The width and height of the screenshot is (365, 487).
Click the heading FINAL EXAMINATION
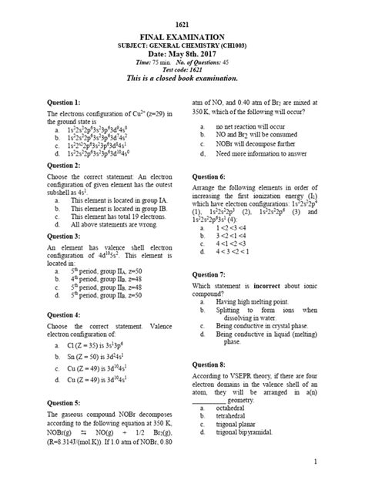(x=182, y=36)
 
